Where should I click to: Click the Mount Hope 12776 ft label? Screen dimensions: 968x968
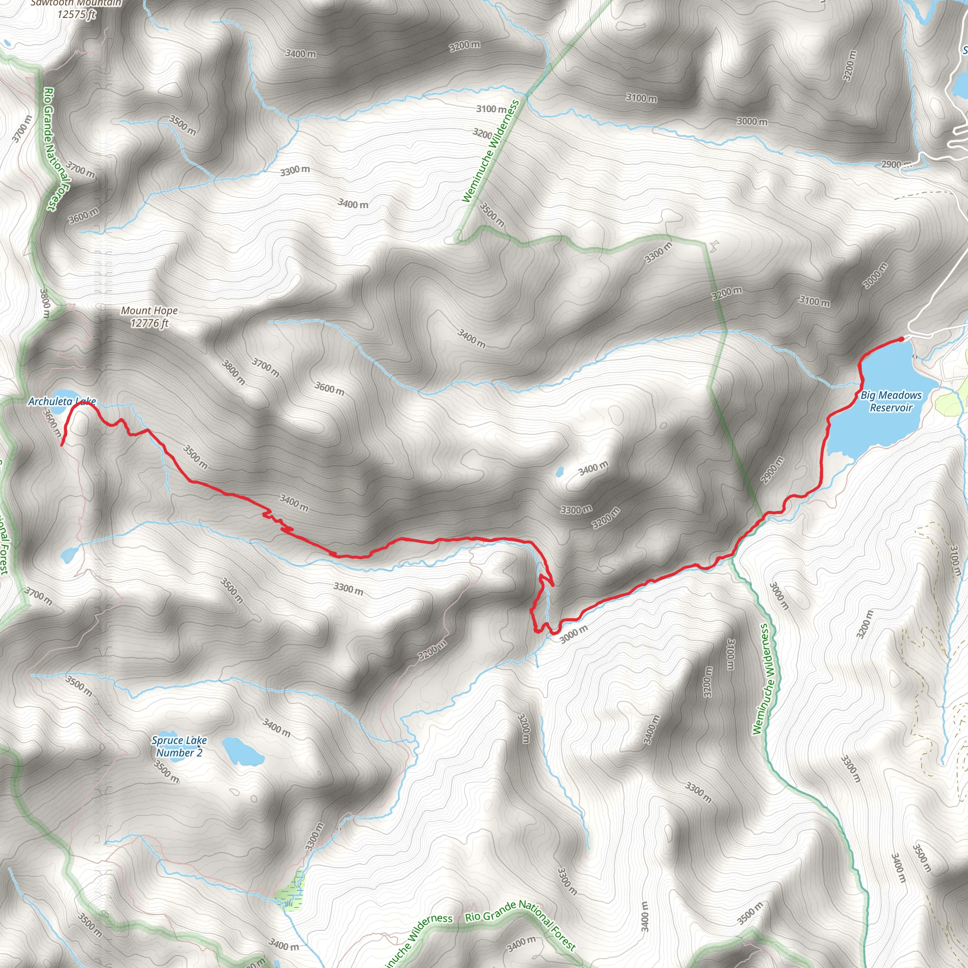149,317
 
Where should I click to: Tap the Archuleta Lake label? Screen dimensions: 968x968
61,401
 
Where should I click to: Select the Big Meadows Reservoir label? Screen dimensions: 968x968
891,401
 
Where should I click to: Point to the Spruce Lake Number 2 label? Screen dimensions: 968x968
179,746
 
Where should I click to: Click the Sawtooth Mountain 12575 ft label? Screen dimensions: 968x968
76,9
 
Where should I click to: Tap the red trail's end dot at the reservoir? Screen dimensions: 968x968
902,339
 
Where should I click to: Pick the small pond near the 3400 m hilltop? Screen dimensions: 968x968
559,471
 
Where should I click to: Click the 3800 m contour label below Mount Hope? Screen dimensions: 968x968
233,372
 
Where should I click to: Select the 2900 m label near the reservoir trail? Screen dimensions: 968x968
772,470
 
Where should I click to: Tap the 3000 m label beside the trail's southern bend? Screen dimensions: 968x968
574,634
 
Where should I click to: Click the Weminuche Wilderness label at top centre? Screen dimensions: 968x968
491,151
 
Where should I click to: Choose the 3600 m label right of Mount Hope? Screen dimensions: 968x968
329,389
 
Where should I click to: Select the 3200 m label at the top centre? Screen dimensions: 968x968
465,45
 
